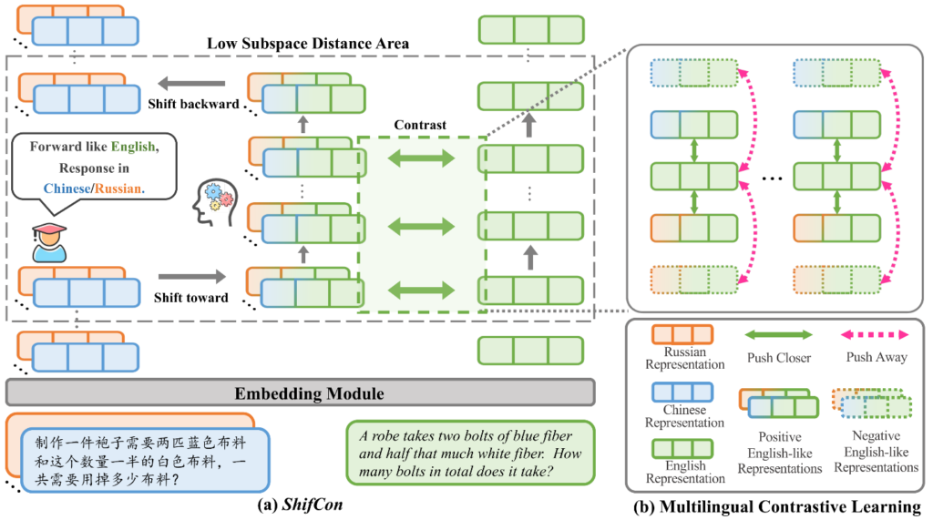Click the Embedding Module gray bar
301,393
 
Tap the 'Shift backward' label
193,104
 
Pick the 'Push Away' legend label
877,358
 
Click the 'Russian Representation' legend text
684,357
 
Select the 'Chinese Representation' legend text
684,415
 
